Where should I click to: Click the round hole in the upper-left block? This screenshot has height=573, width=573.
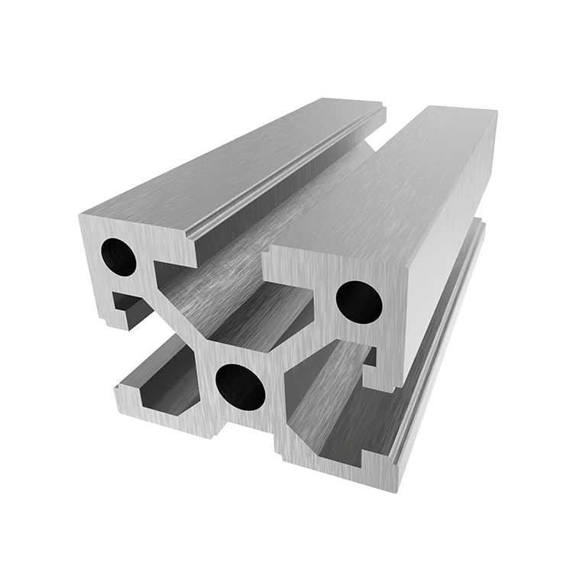point(119,257)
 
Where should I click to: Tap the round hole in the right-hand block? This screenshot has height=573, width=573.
point(359,301)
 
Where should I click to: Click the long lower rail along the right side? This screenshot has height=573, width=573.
point(443,344)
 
